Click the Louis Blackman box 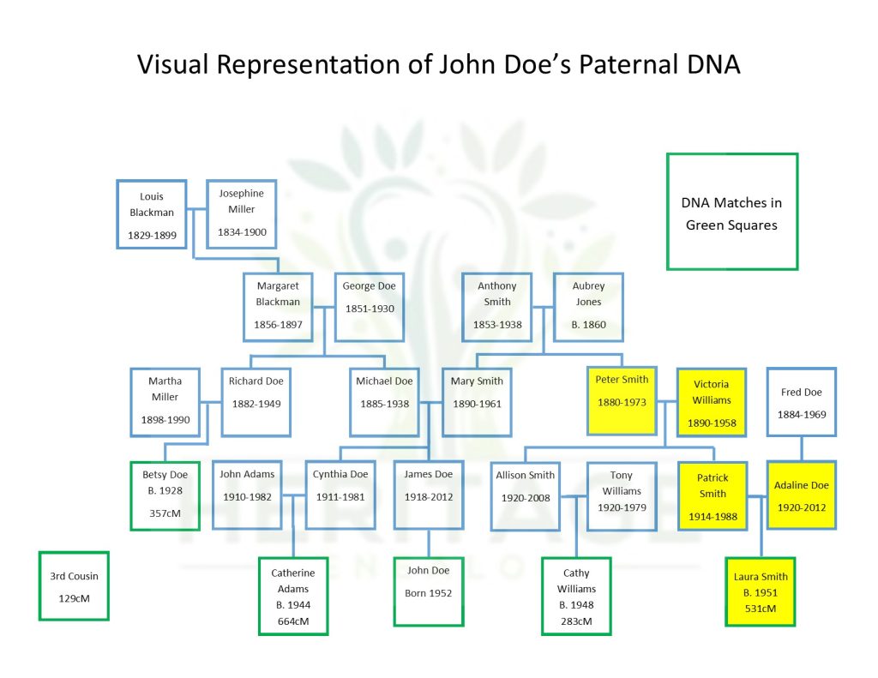pos(152,213)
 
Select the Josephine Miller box pos(241,213)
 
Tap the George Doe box pos(369,307)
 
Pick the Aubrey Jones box pos(588,307)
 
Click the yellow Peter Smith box pos(622,400)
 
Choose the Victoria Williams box pos(711,403)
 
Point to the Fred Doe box pos(801,402)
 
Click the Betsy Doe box pos(165,495)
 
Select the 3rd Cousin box pos(74,585)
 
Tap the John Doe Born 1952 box pos(428,591)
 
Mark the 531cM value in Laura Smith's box pos(761,609)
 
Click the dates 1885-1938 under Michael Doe pos(384,404)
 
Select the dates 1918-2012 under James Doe pos(428,496)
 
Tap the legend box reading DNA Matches pos(731,212)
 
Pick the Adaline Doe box pos(801,495)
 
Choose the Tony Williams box pos(621,495)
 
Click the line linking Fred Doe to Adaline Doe pos(801,449)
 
